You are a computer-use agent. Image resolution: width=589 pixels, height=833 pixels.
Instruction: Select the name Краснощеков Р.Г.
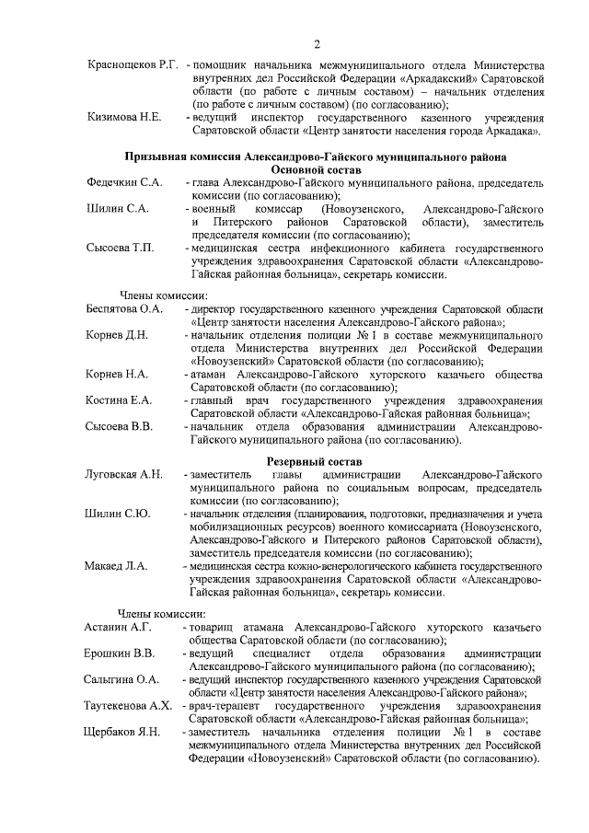[x=132, y=66]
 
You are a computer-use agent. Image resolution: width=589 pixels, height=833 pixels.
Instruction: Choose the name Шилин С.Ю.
[x=119, y=513]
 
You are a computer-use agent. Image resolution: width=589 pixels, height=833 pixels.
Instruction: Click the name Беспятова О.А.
[x=124, y=308]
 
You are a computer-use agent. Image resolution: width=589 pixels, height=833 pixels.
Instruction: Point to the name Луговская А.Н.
[x=124, y=473]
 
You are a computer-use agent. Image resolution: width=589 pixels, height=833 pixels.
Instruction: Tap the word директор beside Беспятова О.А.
[x=218, y=308]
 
